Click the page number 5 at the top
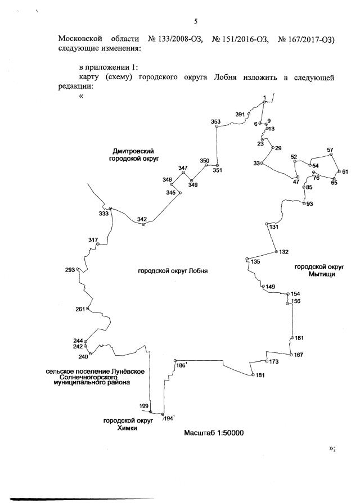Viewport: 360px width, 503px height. (x=196, y=22)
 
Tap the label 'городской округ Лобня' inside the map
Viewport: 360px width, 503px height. (x=173, y=270)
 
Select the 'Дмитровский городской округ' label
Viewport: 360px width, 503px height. (x=133, y=155)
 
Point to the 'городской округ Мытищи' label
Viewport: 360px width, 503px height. (x=319, y=270)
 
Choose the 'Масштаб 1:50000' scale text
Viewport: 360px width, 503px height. (x=213, y=433)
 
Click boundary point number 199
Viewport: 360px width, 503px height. (x=144, y=406)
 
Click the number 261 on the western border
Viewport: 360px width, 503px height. (x=80, y=309)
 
